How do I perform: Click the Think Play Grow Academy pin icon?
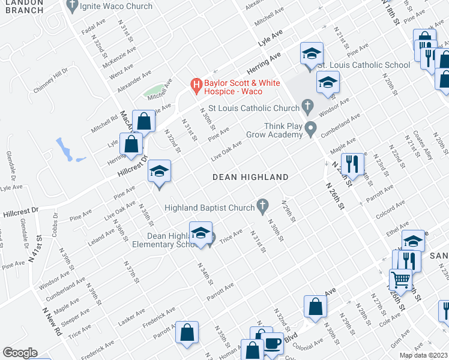point(310,128)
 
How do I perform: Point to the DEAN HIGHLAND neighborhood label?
point(252,177)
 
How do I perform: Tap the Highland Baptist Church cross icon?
point(262,206)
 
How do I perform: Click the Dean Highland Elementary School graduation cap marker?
point(201,233)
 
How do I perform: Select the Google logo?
point(20,353)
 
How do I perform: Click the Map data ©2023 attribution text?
point(424,355)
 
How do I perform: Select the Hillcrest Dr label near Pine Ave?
point(20,211)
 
